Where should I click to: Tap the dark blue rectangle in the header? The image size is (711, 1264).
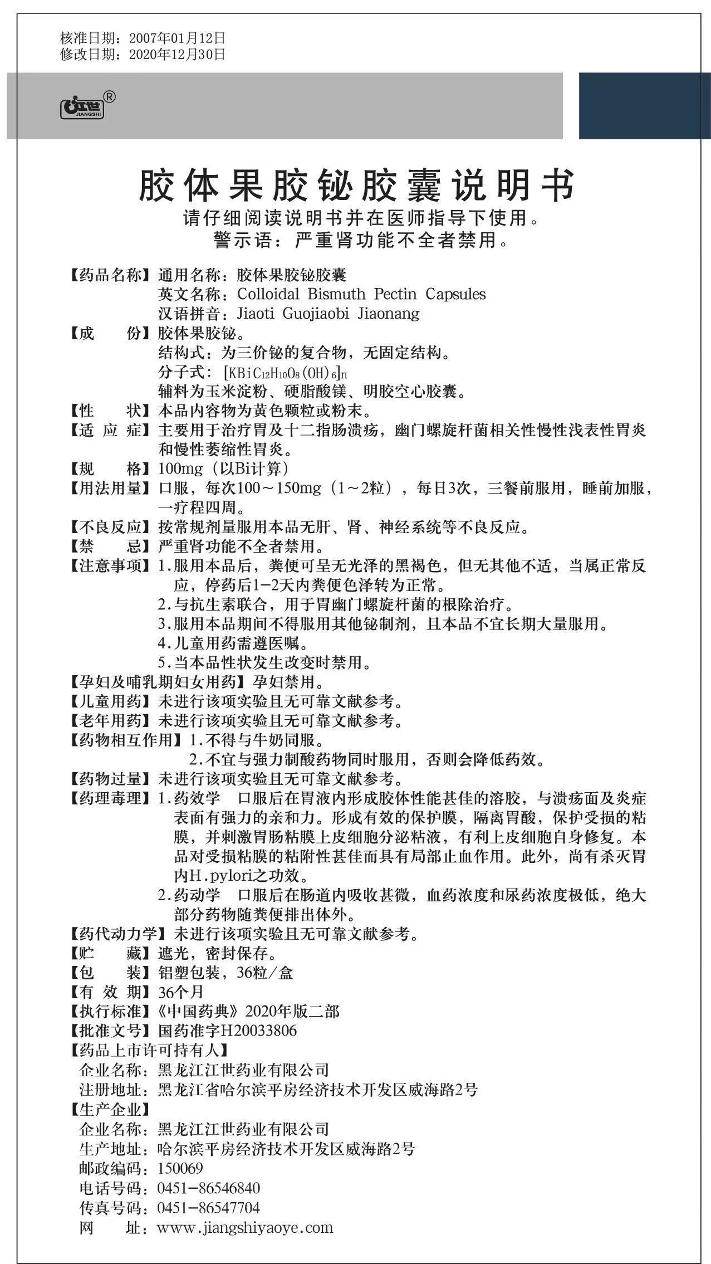(x=645, y=105)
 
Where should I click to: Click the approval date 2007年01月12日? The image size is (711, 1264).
(x=177, y=38)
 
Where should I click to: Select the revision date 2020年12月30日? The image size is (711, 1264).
(x=177, y=54)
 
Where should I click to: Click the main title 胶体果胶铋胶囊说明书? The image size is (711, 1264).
(x=356, y=186)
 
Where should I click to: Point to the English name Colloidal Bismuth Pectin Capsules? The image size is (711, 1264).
(x=361, y=294)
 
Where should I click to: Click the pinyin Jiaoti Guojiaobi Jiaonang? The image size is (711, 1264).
(x=328, y=314)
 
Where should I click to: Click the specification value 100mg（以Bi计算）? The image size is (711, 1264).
(x=223, y=468)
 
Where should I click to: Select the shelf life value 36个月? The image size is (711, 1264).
(x=181, y=992)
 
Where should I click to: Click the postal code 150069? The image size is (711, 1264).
(x=180, y=1168)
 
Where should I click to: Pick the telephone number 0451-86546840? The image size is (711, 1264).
(x=209, y=1188)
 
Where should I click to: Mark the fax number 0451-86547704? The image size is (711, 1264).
(x=209, y=1208)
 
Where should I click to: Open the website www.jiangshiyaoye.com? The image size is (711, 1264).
(x=245, y=1227)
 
